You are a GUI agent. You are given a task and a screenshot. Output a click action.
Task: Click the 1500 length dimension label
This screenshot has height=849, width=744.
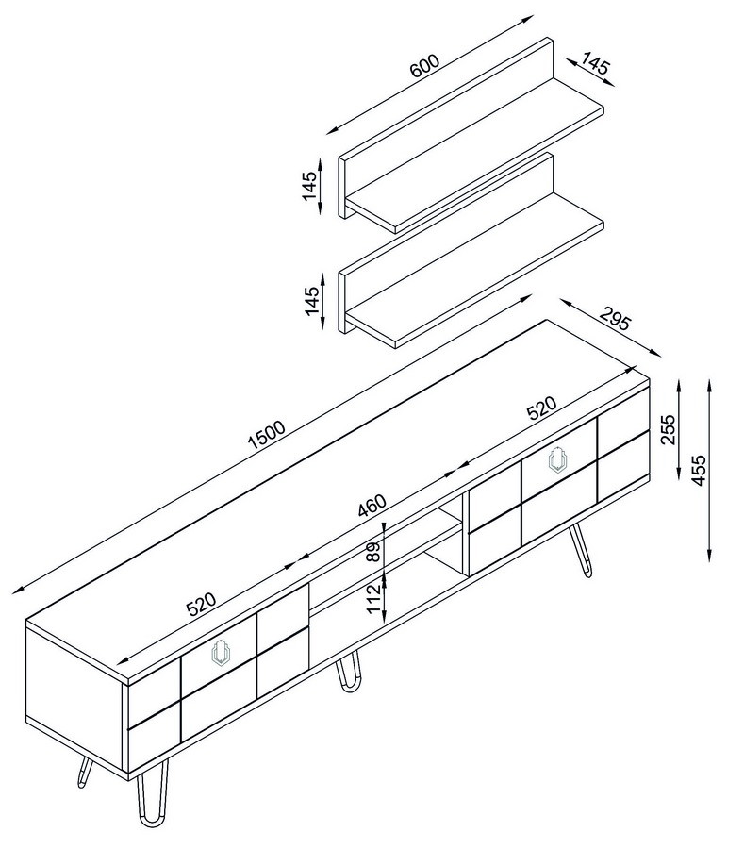pyautogui.click(x=266, y=435)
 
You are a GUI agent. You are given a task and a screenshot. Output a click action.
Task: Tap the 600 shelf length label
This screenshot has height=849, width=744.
pyautogui.click(x=425, y=65)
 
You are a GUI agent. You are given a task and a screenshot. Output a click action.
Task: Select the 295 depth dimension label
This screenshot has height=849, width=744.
pyautogui.click(x=616, y=319)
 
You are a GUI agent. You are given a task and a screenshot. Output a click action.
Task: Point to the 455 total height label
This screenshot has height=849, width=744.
pyautogui.click(x=699, y=470)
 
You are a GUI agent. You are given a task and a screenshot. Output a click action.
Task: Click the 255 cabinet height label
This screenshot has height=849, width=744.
pyautogui.click(x=669, y=429)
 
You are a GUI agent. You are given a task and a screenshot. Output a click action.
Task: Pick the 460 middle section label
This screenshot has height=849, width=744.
pyautogui.click(x=372, y=506)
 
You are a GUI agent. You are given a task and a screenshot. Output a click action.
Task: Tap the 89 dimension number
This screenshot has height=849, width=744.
pyautogui.click(x=374, y=552)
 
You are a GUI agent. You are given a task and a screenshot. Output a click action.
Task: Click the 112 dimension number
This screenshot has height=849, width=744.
pyautogui.click(x=374, y=598)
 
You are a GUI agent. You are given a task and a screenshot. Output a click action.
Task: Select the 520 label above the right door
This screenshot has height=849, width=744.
pyautogui.click(x=541, y=408)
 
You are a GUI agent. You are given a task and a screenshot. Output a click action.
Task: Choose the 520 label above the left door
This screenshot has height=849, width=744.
pyautogui.click(x=201, y=605)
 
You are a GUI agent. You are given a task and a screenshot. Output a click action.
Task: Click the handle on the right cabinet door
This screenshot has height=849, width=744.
pyautogui.click(x=558, y=460)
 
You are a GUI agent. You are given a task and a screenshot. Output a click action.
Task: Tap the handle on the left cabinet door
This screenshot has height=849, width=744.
pyautogui.click(x=221, y=652)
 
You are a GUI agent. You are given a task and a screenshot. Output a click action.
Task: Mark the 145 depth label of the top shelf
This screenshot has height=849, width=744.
pyautogui.click(x=596, y=64)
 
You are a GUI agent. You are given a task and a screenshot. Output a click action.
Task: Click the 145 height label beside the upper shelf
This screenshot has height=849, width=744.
pyautogui.click(x=309, y=186)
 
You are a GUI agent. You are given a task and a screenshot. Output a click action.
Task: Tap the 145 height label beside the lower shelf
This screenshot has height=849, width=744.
pyautogui.click(x=311, y=301)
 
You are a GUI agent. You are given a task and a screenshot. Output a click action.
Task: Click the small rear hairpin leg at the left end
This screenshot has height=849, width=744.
pyautogui.click(x=83, y=772)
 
